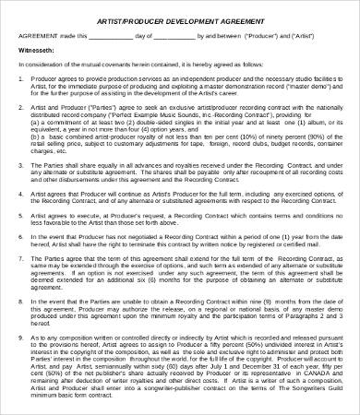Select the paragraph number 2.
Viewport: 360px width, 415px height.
tap(21, 108)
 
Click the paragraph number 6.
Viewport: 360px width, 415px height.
tap(21, 239)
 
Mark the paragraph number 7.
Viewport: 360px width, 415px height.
tap(21, 260)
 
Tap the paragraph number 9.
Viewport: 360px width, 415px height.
tap(21, 337)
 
